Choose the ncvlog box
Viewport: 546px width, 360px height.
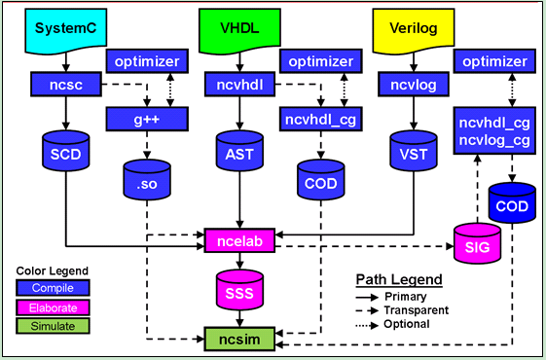click(x=405, y=86)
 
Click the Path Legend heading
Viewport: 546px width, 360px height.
click(x=398, y=279)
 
